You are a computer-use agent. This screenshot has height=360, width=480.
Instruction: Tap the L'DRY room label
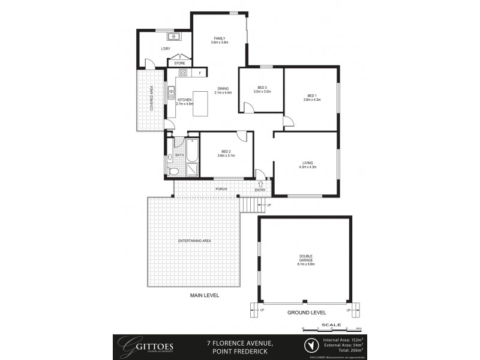164,48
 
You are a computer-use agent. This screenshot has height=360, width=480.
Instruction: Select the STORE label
179,63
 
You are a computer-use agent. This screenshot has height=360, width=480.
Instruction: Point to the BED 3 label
262,88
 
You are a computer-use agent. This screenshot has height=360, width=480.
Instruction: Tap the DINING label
223,89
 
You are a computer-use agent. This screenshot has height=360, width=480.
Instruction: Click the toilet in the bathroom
173,171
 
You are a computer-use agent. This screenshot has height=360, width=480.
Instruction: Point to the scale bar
331,328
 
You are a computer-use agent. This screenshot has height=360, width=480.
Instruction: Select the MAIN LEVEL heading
205,296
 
